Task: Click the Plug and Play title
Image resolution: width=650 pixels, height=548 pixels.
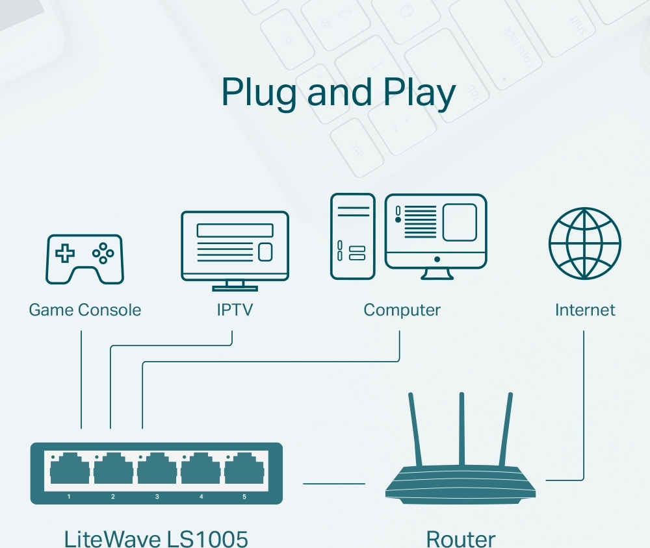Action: coord(338,93)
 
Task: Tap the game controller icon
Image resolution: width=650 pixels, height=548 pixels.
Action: coord(84,258)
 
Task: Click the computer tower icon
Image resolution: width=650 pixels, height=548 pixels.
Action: coord(352,236)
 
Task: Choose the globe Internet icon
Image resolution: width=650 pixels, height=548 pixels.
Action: coord(584,243)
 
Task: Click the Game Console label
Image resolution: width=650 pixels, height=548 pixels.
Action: coord(84,310)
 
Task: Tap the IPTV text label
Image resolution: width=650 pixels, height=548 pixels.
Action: coord(234,310)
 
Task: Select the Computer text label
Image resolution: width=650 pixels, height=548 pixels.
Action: coord(402,310)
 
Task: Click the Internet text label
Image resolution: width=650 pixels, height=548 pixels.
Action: coord(584,310)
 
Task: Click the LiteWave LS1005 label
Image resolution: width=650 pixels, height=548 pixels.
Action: coord(156,538)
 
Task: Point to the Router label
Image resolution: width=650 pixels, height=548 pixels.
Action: coord(460,538)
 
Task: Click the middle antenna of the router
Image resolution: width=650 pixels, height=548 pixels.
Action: coord(461,429)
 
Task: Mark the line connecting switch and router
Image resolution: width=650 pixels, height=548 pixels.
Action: coord(334,483)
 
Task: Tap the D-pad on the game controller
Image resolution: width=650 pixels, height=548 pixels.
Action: coord(64,253)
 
